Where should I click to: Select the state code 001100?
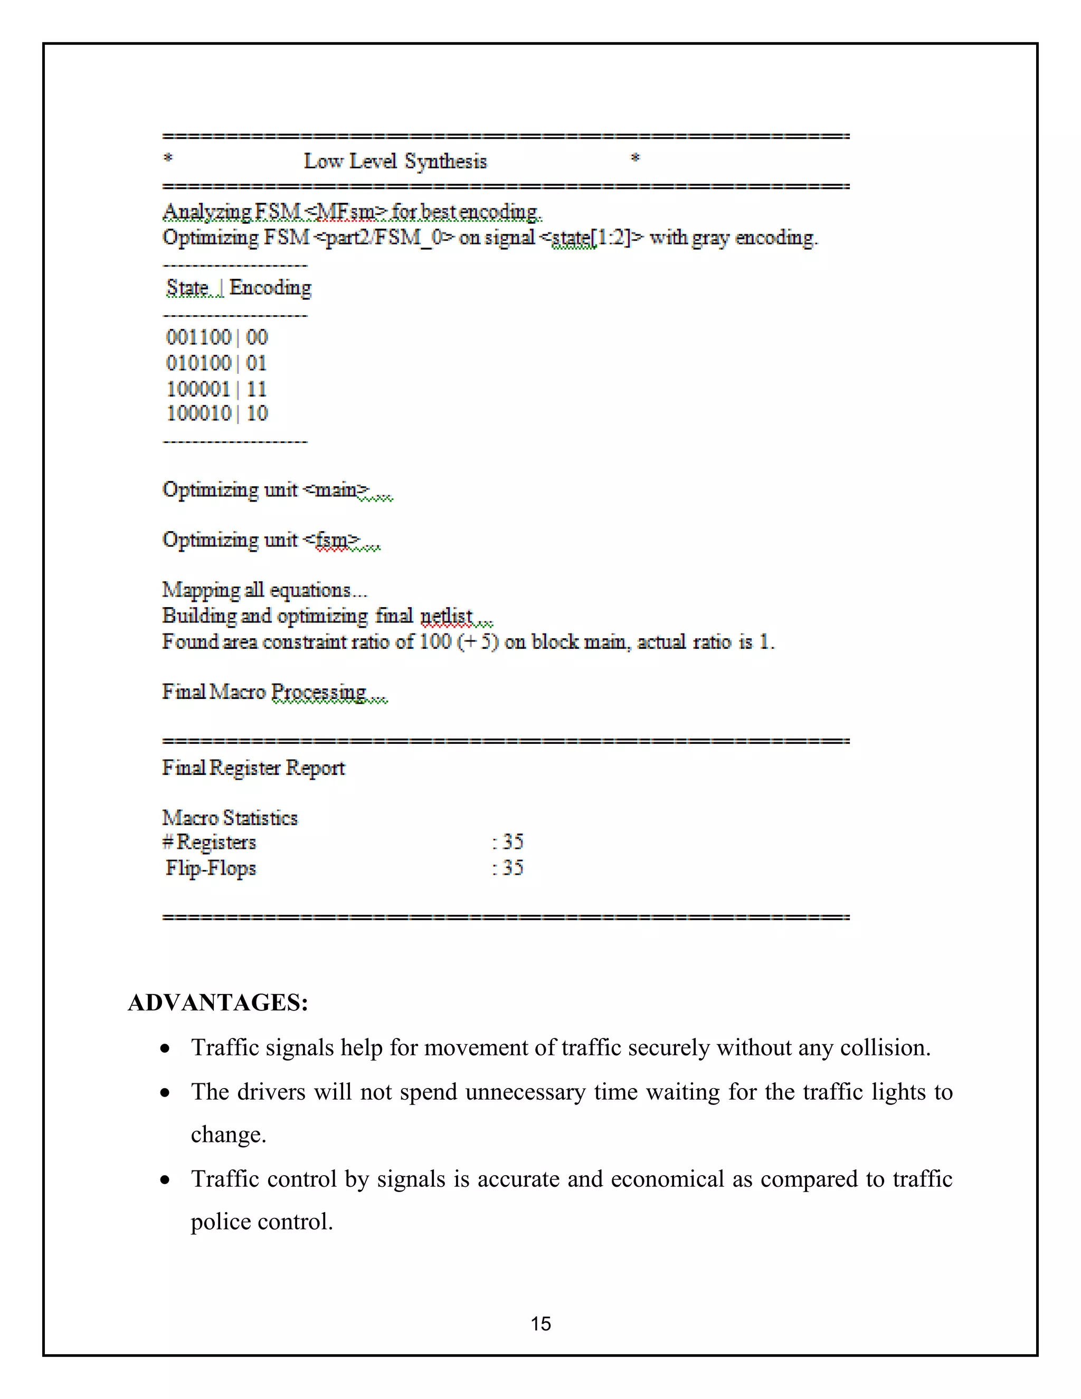pyautogui.click(x=198, y=337)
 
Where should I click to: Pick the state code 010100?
pyautogui.click(x=198, y=363)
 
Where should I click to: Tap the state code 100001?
pyautogui.click(x=198, y=389)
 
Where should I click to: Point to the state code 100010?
pyautogui.click(x=198, y=413)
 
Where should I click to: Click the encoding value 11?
pyautogui.click(x=256, y=389)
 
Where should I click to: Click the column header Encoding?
pyautogui.click(x=270, y=288)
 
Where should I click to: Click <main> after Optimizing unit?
pyautogui.click(x=336, y=490)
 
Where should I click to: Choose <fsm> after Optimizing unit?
pyautogui.click(x=331, y=540)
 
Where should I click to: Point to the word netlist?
pyautogui.click(x=447, y=616)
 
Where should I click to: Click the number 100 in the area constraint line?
pyautogui.click(x=435, y=641)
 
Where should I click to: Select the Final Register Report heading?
pyautogui.click(x=253, y=768)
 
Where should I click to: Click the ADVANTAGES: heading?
pyautogui.click(x=218, y=1003)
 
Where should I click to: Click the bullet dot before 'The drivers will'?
pyautogui.click(x=166, y=1093)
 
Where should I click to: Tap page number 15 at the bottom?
pyautogui.click(x=540, y=1324)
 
